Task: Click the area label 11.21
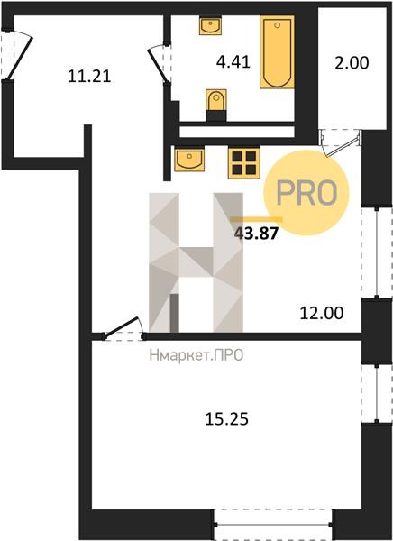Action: (89, 76)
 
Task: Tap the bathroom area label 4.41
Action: (233, 62)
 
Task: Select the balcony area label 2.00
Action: (352, 63)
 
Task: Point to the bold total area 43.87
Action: (256, 234)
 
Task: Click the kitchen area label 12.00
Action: (322, 313)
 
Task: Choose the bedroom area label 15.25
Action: (226, 419)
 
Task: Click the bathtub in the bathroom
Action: (277, 51)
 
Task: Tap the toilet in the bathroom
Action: (216, 105)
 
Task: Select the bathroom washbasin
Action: (210, 25)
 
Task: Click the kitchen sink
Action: (189, 159)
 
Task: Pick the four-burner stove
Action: (244, 163)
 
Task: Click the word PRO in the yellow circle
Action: (306, 193)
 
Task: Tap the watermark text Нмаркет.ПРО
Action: (196, 355)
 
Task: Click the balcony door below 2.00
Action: (341, 143)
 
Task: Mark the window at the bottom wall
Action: (272, 525)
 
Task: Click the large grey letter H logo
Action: (196, 262)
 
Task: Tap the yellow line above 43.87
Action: (256, 219)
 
